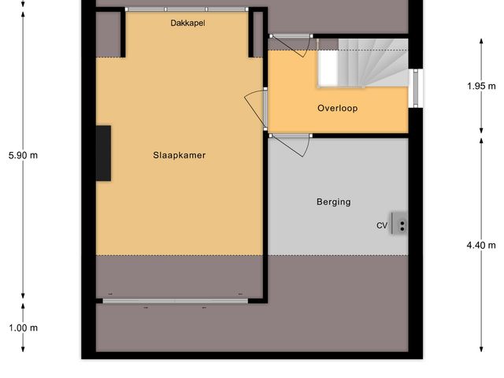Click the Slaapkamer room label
pyautogui.click(x=179, y=155)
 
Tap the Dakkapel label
pyautogui.click(x=187, y=24)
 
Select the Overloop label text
pyautogui.click(x=337, y=108)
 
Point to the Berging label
pyautogui.click(x=333, y=202)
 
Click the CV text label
pyautogui.click(x=381, y=226)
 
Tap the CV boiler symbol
pyautogui.click(x=402, y=225)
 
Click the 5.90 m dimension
pyautogui.click(x=23, y=155)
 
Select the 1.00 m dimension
pyautogui.click(x=23, y=328)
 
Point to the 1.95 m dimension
pyautogui.click(x=481, y=86)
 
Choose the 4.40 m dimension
pyautogui.click(x=481, y=245)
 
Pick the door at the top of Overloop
pyautogui.click(x=292, y=44)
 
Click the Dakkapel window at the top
pyautogui.click(x=187, y=9)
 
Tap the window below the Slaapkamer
pyautogui.click(x=173, y=300)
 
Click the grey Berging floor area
pyautogui.click(x=331, y=228)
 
